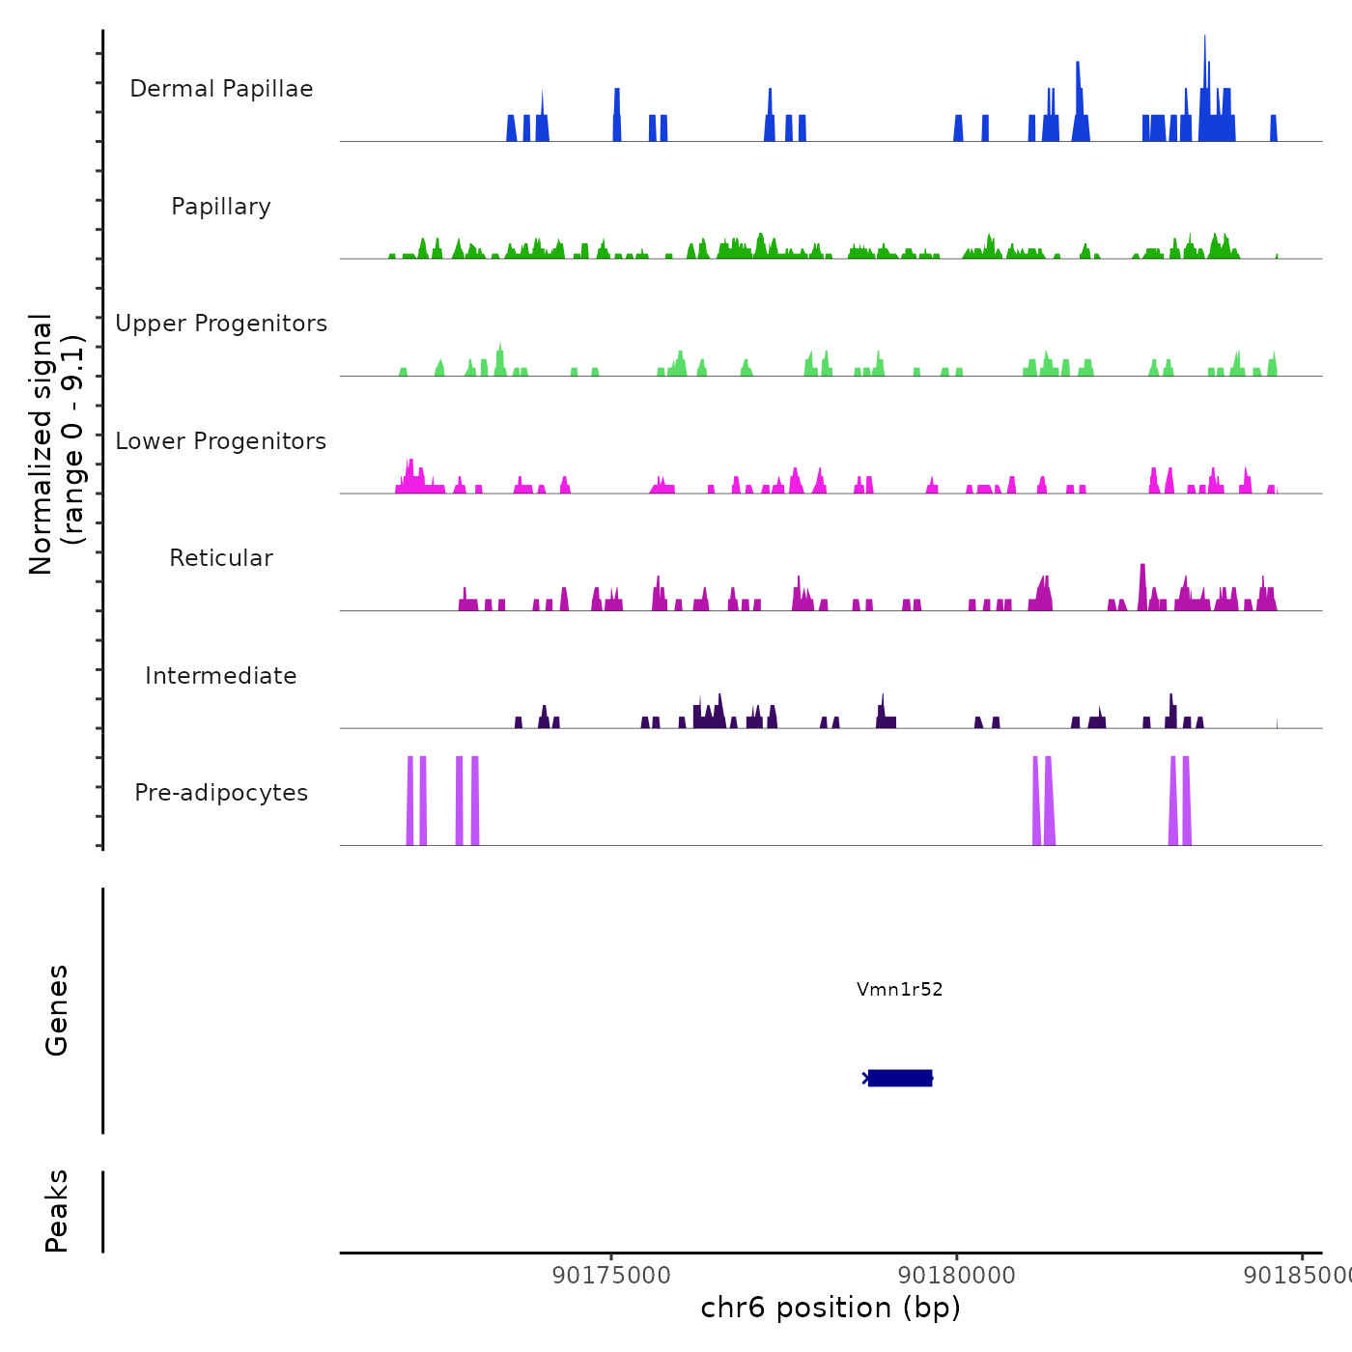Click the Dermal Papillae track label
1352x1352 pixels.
(x=221, y=89)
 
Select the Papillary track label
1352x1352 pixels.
(x=221, y=207)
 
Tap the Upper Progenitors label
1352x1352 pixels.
(x=221, y=324)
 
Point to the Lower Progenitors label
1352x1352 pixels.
(x=221, y=441)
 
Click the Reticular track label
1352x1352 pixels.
(x=221, y=558)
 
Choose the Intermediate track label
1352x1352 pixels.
(x=221, y=676)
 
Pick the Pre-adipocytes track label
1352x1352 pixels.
(x=221, y=793)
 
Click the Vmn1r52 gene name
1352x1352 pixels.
(x=899, y=989)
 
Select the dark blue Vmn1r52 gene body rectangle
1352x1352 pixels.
(x=900, y=1078)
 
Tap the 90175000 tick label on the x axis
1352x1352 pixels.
(x=611, y=1275)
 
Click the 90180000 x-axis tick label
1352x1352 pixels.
(x=957, y=1275)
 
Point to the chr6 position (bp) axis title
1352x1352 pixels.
(x=831, y=1308)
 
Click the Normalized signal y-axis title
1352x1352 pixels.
(x=56, y=443)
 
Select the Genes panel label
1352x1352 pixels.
(x=57, y=1010)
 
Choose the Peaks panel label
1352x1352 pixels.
(x=57, y=1211)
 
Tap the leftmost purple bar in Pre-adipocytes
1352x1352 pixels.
(x=409, y=802)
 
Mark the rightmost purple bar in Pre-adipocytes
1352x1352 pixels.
(x=1187, y=802)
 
